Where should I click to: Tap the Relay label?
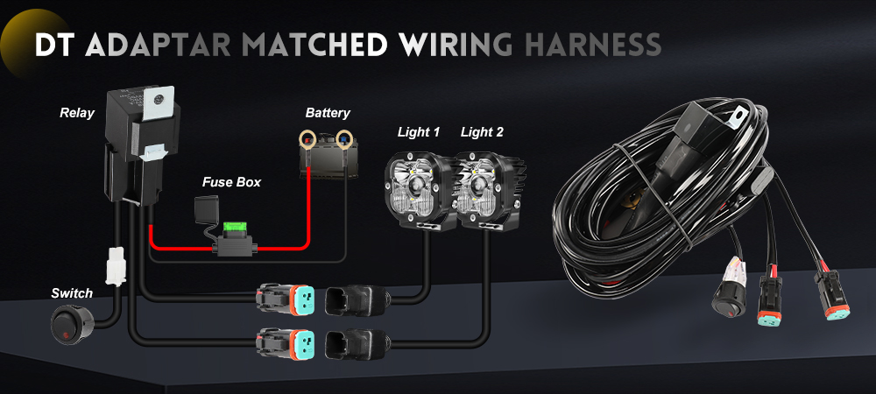coord(77,113)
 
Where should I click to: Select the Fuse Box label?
coord(231,182)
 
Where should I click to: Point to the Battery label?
coord(328,113)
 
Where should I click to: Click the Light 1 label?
coord(418,132)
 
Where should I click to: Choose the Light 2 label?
coord(483,132)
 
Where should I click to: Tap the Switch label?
coord(72,292)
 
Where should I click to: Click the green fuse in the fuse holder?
coord(234,230)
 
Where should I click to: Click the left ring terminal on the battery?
coord(309,137)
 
